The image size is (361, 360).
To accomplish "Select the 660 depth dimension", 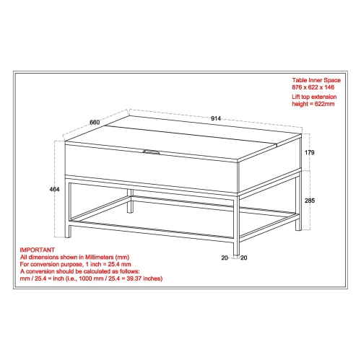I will click(94, 122).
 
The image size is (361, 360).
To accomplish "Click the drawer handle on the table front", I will click(153, 152).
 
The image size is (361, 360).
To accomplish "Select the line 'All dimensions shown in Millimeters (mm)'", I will click(74, 255).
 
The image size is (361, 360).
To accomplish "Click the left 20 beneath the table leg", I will click(225, 258).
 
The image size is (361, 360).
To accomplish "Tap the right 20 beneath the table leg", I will click(245, 258).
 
